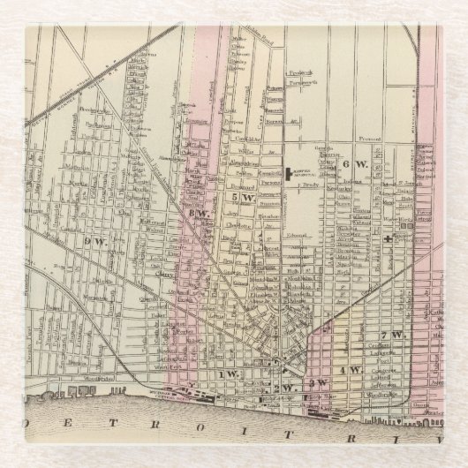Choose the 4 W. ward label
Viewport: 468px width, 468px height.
point(350,370)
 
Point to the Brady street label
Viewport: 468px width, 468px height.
point(309,187)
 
